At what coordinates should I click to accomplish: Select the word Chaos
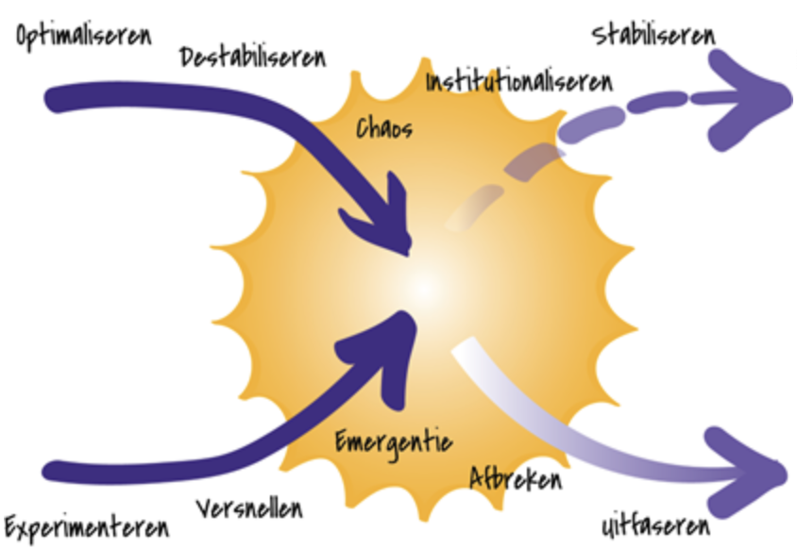tap(384, 127)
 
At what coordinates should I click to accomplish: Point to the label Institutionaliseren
tap(518, 81)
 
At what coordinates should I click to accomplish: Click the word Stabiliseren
tap(653, 36)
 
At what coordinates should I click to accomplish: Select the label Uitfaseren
tap(654, 524)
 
